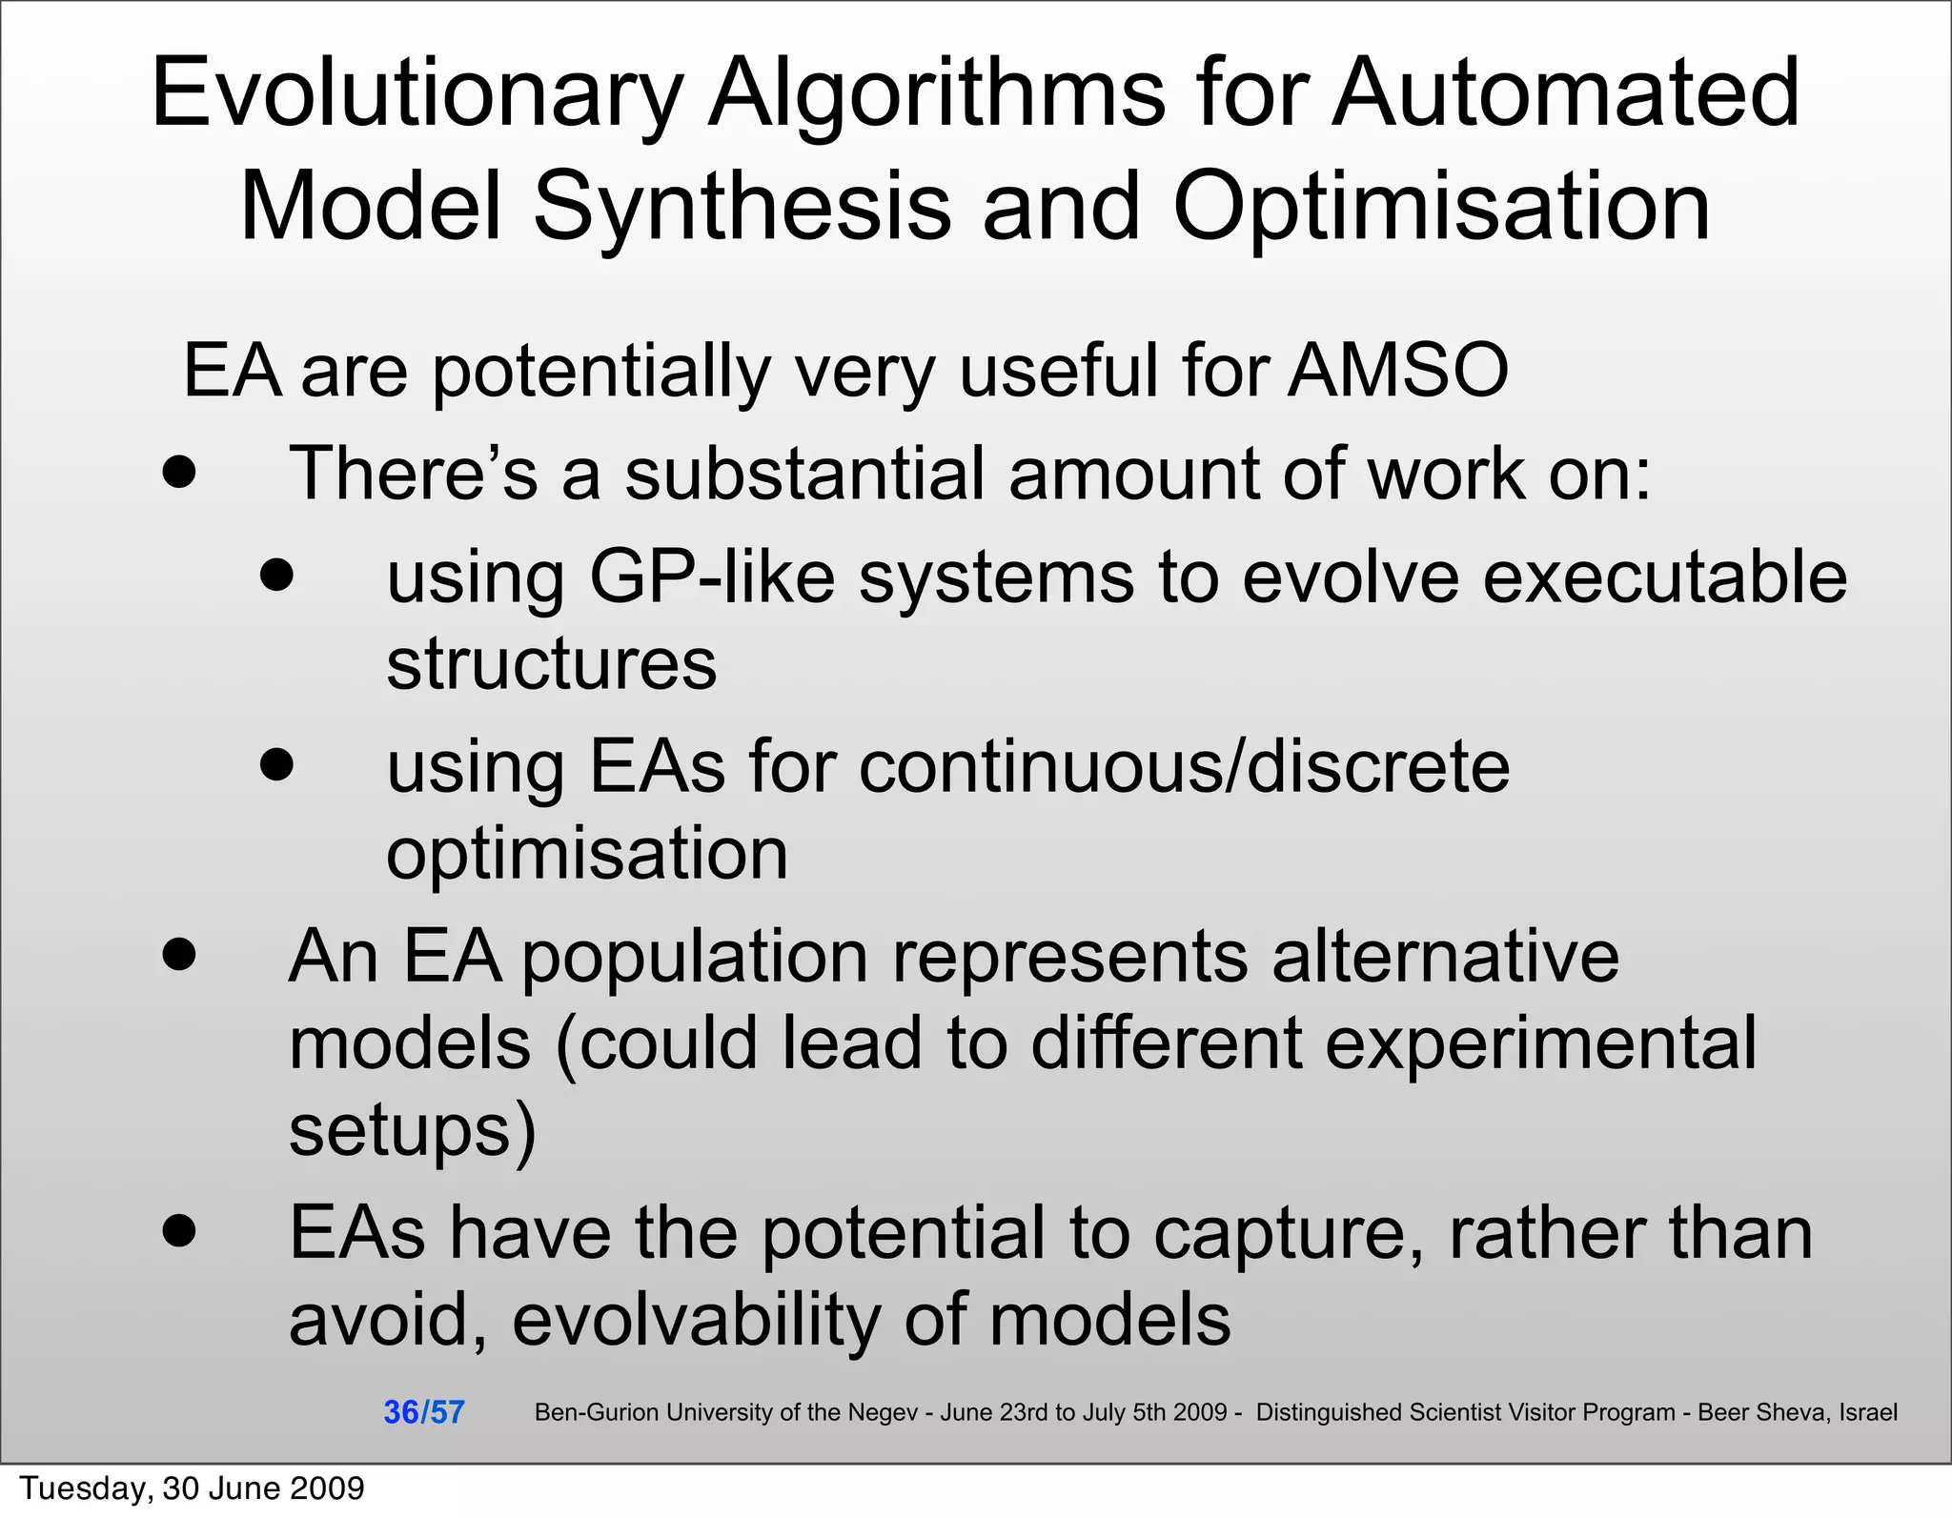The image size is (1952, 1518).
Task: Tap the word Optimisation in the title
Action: [1441, 209]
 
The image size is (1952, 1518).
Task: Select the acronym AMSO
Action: [1397, 371]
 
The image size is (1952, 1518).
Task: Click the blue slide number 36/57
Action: [423, 1412]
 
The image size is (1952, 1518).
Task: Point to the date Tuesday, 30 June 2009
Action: [192, 1488]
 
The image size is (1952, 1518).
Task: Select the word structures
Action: [551, 664]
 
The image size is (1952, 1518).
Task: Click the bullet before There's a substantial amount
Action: [178, 472]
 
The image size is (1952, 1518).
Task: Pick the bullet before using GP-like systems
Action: [276, 575]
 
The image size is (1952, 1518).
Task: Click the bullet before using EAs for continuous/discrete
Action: [276, 764]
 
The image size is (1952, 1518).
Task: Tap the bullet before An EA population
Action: [178, 954]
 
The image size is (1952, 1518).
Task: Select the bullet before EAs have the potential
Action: [178, 1230]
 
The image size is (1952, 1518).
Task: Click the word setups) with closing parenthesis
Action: [412, 1131]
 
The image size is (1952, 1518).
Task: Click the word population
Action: [694, 958]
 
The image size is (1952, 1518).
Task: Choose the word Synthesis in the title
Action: [741, 209]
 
